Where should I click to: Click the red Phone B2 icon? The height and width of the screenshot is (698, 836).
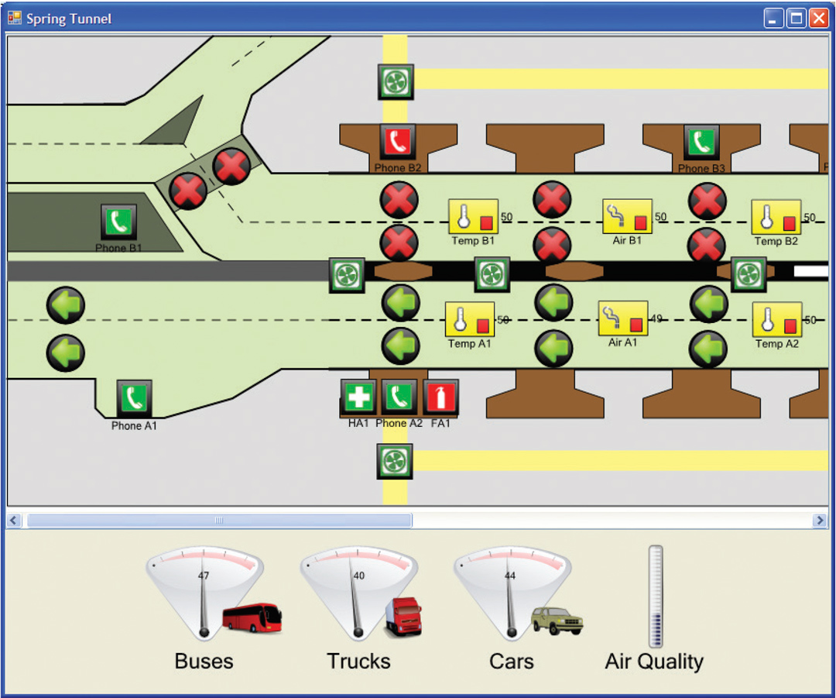point(397,143)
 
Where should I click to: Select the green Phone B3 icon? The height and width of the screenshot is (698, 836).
point(701,143)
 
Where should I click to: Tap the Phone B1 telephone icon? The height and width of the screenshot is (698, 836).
point(118,222)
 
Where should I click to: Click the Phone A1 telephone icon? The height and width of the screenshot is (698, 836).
point(135,399)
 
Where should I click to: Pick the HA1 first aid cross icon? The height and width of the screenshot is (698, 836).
point(358,397)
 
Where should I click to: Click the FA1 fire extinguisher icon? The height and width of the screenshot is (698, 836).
point(440,397)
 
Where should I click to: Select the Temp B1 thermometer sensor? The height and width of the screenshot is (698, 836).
point(473,217)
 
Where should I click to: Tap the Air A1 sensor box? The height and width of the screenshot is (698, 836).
point(623,318)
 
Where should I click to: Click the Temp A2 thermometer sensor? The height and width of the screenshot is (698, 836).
point(776,319)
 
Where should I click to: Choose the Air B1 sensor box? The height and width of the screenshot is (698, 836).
point(627,216)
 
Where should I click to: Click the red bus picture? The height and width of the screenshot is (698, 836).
point(252,618)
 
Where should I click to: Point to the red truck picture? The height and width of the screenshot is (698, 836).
point(403,617)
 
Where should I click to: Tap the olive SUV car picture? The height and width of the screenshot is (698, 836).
point(557,621)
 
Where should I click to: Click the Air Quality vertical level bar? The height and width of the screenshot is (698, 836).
point(656,596)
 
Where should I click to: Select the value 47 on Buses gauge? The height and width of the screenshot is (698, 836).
point(204,576)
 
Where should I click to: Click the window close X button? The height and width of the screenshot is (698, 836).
point(818,19)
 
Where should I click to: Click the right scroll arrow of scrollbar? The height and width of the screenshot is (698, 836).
point(820,521)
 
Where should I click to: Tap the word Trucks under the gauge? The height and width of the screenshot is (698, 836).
point(358,661)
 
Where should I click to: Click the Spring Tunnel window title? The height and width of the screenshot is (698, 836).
point(69,19)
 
